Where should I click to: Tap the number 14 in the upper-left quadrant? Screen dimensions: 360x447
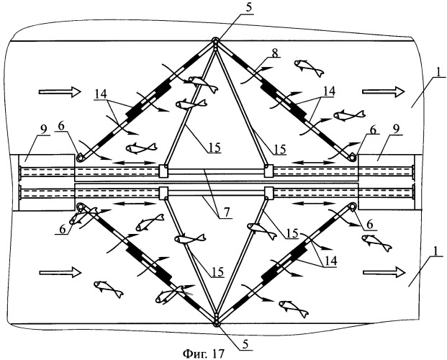pos(102,93)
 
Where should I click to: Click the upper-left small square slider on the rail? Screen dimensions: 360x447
pos(164,171)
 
